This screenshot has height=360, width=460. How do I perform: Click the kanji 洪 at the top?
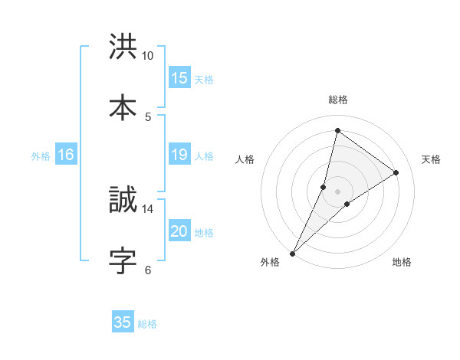click(123, 47)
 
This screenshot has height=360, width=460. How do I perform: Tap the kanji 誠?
click(123, 201)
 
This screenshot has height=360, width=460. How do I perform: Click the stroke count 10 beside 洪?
click(148, 56)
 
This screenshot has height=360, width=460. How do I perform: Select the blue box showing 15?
click(179, 78)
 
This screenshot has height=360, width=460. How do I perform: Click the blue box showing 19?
click(179, 155)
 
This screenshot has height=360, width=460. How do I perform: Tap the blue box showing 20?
click(179, 231)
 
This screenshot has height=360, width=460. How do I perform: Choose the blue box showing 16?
click(66, 155)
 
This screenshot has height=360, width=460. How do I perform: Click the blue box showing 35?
click(123, 322)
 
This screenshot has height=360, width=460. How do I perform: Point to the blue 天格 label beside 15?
click(204, 79)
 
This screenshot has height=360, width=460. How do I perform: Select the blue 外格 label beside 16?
click(41, 155)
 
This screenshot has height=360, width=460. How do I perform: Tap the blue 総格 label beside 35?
click(147, 323)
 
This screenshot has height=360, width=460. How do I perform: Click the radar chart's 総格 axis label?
click(337, 100)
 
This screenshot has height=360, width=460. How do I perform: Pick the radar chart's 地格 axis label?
click(402, 262)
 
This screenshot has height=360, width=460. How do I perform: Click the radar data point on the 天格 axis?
click(396, 172)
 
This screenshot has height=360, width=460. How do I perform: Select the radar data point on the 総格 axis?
click(337, 130)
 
